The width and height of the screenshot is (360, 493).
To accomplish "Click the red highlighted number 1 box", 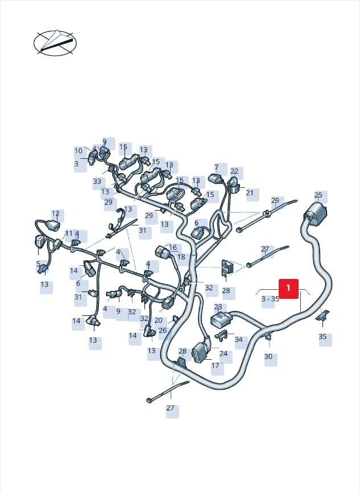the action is coord(288,288).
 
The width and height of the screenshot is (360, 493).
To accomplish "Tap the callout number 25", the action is coord(318,195).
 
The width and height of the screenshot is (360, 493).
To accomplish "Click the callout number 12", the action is coord(56,214).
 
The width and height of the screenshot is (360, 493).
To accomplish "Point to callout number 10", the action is coord(78,151).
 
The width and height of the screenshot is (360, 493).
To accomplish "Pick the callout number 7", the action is coord(217,167).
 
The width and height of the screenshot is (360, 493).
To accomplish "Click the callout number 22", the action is coord(234,171).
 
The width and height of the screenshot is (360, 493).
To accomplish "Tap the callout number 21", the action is coord(250,193).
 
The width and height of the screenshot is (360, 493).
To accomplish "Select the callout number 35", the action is coord(322,337).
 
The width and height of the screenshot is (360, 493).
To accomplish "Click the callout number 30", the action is coord(268,356).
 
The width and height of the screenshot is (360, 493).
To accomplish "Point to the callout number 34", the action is coord(239,339).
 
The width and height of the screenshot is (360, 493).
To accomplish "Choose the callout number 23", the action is coord(218,307).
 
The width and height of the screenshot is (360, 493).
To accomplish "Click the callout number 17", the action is coord(215,365).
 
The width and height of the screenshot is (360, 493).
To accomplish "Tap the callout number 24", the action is coord(224,354).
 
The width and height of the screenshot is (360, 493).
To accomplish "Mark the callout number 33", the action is coord(97,182).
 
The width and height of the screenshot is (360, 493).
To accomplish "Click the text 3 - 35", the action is coord(270,299).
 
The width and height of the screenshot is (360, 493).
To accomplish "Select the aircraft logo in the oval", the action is coord(55,43).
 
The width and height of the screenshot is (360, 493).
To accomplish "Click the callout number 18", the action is coord(181,257).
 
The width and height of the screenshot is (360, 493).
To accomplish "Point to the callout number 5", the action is coord(38,264).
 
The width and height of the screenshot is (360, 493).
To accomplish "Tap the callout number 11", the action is coord(68,233).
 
